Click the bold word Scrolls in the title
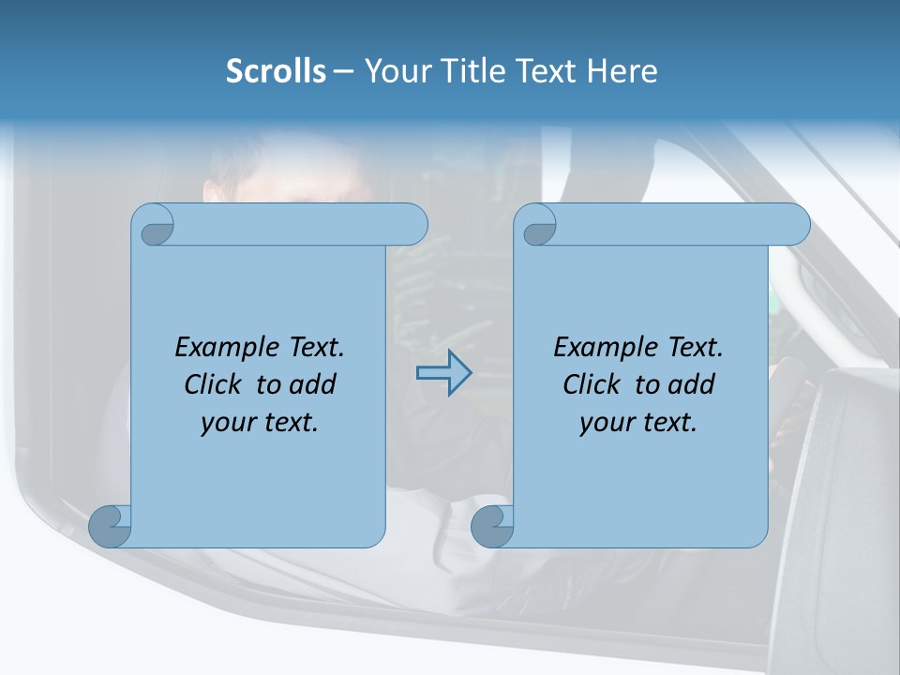(277, 71)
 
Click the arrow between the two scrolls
(443, 373)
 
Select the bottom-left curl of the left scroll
(110, 525)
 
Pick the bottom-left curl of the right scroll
(491, 525)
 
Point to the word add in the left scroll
(312, 384)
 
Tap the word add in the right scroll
(691, 384)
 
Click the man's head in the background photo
(281, 173)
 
